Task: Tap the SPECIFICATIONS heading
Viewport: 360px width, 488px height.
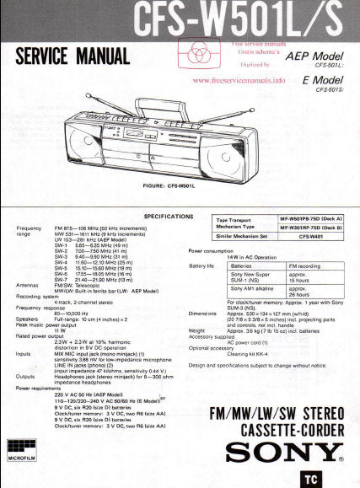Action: pyautogui.click(x=169, y=216)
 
